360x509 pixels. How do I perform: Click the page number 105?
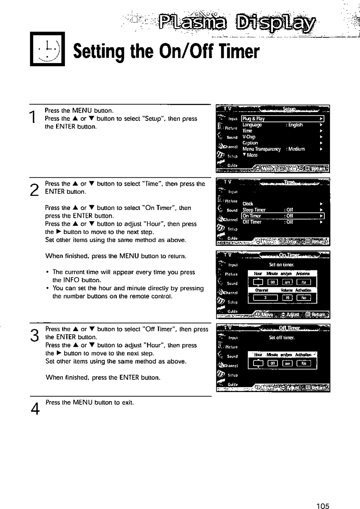323,506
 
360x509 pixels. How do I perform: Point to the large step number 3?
34,334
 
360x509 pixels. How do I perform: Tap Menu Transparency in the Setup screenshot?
261,149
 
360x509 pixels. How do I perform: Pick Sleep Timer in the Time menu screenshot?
254,210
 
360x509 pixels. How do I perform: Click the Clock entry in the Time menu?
248,204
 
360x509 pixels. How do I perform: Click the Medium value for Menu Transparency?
297,149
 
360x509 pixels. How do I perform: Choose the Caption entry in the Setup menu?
250,143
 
